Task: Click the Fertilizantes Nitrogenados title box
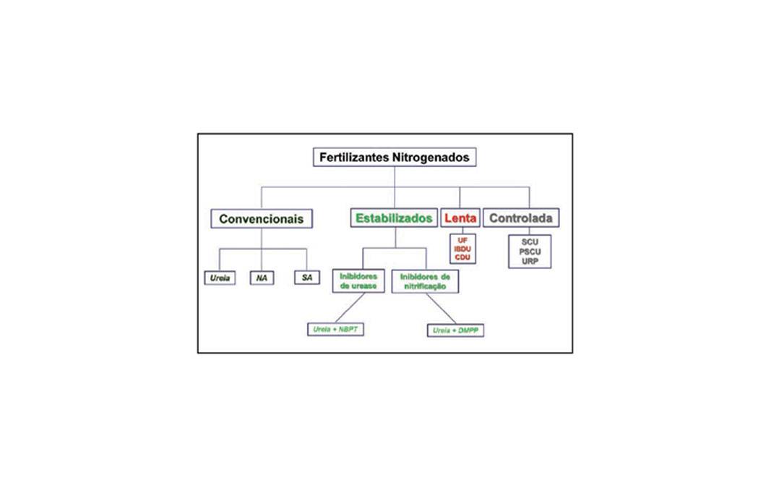(395, 158)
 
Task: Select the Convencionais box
(262, 218)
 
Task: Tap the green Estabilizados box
(394, 218)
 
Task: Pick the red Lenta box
(460, 218)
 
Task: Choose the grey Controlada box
(521, 218)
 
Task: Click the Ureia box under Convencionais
(220, 278)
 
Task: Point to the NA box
(262, 278)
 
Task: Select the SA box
(307, 277)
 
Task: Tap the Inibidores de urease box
(358, 281)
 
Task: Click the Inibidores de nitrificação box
(425, 282)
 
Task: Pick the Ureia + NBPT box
(335, 330)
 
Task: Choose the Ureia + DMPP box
(455, 330)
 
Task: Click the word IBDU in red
(462, 249)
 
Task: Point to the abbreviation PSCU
(530, 252)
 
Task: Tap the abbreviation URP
(530, 262)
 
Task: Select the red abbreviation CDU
(462, 257)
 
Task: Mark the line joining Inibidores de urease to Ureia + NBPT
(350, 307)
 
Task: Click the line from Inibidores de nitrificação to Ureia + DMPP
(441, 309)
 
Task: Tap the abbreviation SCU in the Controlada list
(530, 242)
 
